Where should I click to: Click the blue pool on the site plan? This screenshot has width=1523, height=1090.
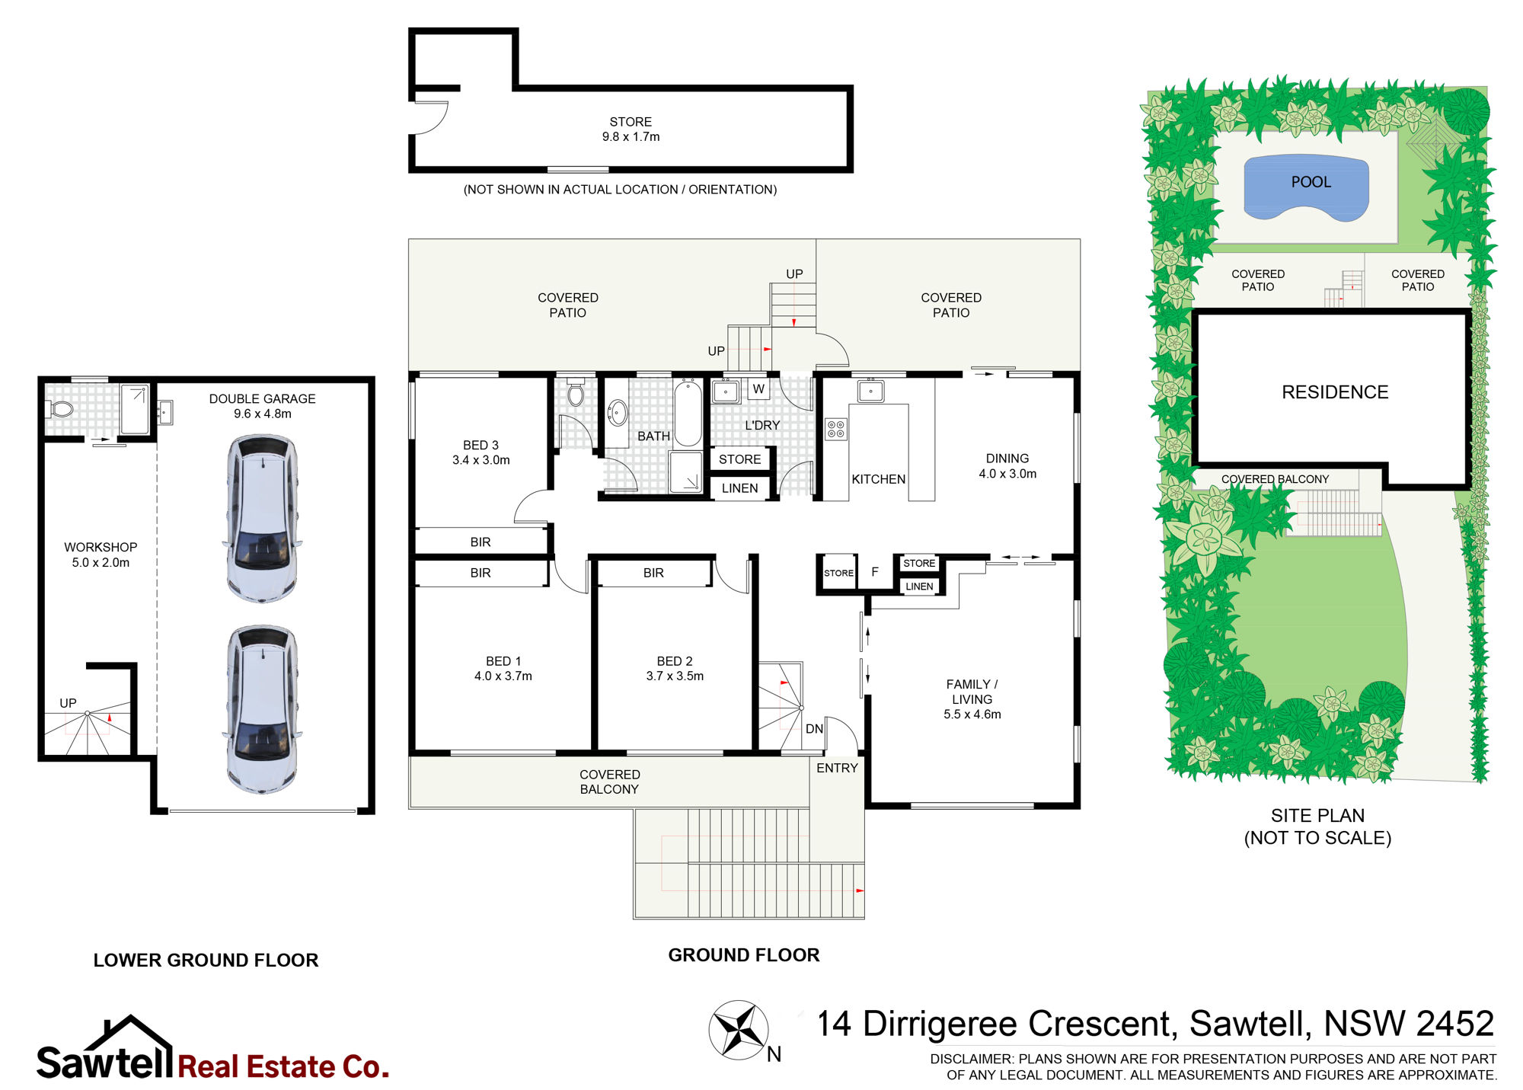point(1306,187)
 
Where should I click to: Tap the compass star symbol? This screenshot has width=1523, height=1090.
point(738,1030)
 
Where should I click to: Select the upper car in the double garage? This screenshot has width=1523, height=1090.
point(262,518)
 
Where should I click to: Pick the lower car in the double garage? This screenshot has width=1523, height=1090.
point(262,709)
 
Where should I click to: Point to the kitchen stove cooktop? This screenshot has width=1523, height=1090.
point(835,429)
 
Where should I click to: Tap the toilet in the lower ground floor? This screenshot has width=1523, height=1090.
point(60,410)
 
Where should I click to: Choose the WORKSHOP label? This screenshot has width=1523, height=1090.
point(101,547)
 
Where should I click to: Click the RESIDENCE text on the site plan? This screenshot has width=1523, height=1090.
point(1335,392)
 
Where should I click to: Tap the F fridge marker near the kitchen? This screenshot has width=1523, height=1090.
point(875,571)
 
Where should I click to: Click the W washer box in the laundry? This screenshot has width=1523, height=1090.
point(758,389)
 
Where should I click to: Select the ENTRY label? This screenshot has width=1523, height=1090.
point(837,768)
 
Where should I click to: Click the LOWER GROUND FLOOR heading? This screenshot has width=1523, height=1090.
point(206,960)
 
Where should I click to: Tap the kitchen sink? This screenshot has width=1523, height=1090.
point(870,391)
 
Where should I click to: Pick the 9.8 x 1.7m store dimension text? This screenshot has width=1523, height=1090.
point(631,136)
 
